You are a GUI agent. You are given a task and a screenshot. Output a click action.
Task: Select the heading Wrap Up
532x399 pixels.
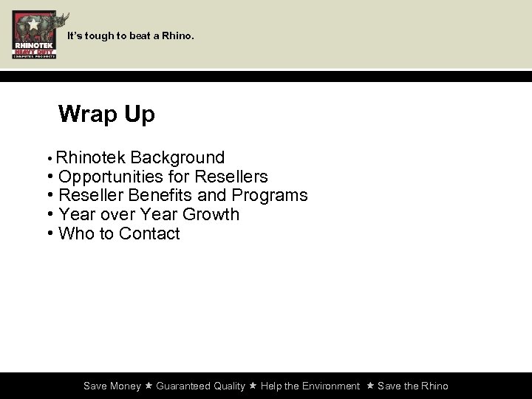106,115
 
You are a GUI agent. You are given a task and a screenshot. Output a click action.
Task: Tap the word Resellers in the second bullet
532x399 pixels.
231,177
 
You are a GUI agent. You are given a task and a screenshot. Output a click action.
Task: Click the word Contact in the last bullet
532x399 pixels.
149,234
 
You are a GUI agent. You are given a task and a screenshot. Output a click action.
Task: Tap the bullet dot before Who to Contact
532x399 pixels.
49,234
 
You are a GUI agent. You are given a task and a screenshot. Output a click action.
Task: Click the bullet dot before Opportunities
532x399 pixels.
49,177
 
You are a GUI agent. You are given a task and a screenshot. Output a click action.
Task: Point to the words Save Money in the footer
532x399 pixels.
112,386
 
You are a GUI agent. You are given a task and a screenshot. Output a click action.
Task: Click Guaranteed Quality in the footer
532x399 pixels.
200,386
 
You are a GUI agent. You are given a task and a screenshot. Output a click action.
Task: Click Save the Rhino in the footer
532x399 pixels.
412,386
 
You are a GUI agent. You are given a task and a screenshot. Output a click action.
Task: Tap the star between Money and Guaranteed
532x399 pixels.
149,386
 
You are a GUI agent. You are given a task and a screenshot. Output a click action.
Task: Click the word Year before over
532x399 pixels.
76,215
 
